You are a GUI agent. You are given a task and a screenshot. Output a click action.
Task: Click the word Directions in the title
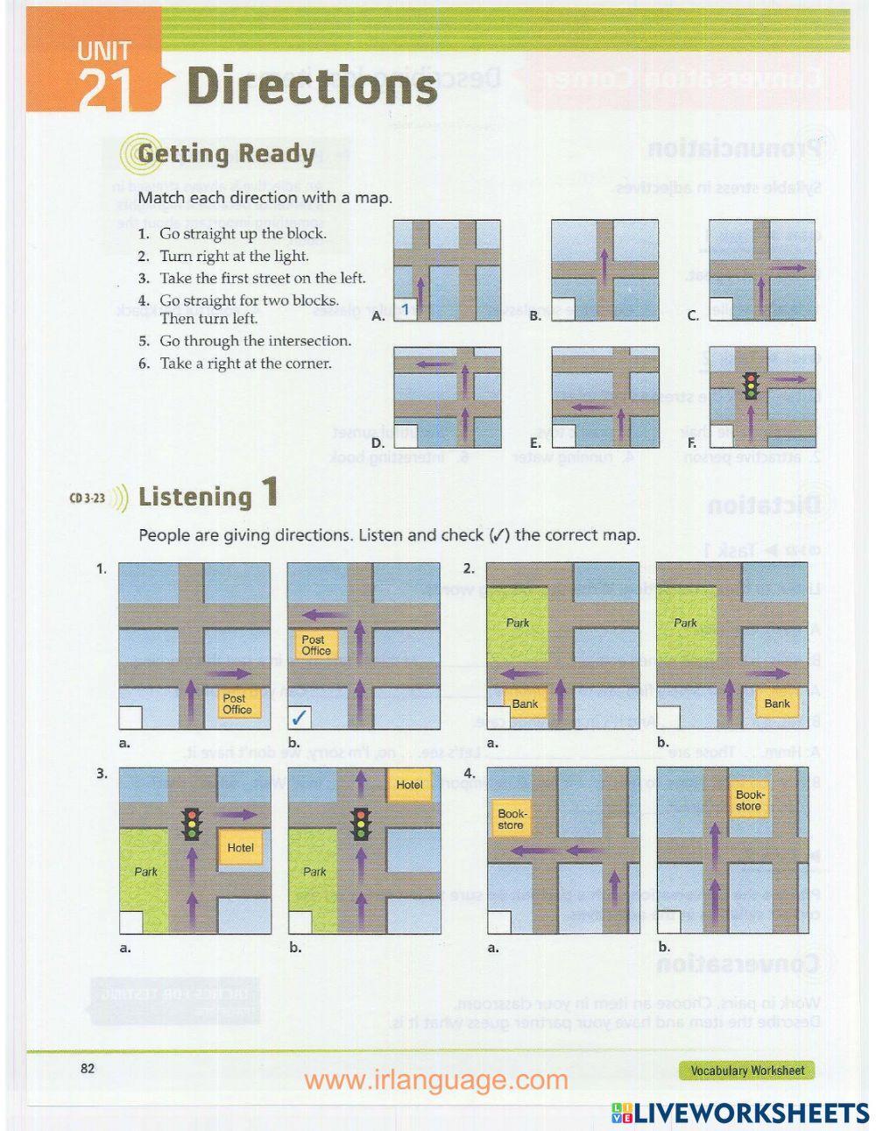point(312,87)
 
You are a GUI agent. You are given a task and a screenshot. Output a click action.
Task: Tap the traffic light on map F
point(750,385)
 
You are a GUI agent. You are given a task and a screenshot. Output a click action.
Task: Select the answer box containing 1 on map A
point(406,309)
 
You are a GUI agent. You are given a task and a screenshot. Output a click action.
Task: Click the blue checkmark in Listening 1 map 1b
point(300,717)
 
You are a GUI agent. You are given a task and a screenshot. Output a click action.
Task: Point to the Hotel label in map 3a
point(240,847)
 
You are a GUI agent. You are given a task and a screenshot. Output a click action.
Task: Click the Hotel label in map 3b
point(409,785)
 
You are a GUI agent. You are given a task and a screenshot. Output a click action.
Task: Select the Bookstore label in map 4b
point(749,800)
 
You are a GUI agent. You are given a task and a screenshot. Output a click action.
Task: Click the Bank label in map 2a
point(525,703)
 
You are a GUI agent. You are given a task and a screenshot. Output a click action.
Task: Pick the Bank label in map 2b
point(776,703)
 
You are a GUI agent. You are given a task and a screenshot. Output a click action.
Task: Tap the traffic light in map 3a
point(191,824)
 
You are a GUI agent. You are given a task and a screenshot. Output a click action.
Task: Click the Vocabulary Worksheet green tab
point(746,1070)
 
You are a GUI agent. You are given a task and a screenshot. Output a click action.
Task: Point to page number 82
point(87,1067)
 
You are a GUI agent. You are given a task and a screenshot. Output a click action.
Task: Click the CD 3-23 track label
point(88,498)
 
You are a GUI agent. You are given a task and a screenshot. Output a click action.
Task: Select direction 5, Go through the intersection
point(244,341)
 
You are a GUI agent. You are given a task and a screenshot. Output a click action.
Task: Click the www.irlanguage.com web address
point(435,1080)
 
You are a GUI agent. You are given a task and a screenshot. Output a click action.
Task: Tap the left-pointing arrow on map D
point(425,363)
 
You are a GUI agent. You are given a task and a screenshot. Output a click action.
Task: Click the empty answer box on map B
point(562,309)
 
